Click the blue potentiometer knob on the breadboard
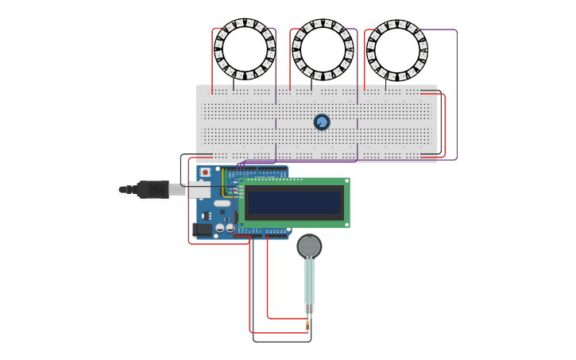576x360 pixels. pyautogui.click(x=322, y=122)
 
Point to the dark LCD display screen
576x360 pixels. pyautogui.click(x=294, y=203)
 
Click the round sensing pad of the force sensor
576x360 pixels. pyautogui.click(x=309, y=246)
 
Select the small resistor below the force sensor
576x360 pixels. pyautogui.click(x=307, y=325)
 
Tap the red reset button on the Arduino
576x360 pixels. pyautogui.click(x=205, y=172)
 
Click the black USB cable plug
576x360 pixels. pyautogui.click(x=151, y=190)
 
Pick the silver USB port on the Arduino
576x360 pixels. pyautogui.click(x=199, y=191)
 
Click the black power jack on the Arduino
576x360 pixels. pyautogui.click(x=203, y=230)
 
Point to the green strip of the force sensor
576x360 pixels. pyautogui.click(x=309, y=280)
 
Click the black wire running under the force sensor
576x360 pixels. pyautogui.click(x=282, y=342)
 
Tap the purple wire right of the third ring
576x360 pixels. pyautogui.click(x=457, y=95)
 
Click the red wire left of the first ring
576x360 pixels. pyautogui.click(x=212, y=60)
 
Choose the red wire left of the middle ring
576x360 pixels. pyautogui.click(x=290, y=60)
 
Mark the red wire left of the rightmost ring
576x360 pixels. pyautogui.click(x=365, y=60)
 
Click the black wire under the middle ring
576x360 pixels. pyautogui.click(x=311, y=84)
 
